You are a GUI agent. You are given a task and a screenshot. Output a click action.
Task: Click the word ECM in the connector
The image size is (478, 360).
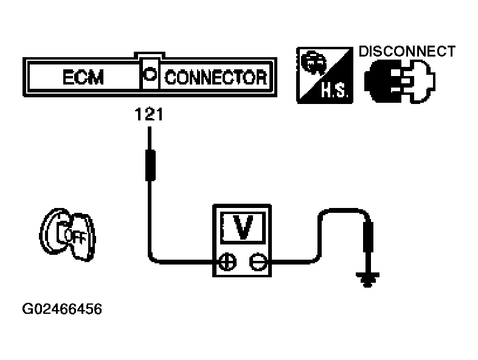pyautogui.click(x=83, y=77)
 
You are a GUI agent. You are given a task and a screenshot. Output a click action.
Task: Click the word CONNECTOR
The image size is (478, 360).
pyautogui.click(x=216, y=77)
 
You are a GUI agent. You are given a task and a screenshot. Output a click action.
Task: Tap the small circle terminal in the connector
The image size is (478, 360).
pyautogui.click(x=150, y=74)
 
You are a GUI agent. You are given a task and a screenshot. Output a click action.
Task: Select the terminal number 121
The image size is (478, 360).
pyautogui.click(x=149, y=114)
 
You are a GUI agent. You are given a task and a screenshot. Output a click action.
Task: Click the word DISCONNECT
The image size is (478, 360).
pyautogui.click(x=407, y=51)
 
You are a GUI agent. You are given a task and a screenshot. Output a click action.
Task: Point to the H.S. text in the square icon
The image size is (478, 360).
pyautogui.click(x=334, y=91)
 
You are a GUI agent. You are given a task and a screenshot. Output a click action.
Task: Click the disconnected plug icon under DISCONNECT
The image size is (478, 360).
pyautogui.click(x=400, y=81)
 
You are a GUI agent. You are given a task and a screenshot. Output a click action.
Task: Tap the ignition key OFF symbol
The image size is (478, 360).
pyautogui.click(x=68, y=235)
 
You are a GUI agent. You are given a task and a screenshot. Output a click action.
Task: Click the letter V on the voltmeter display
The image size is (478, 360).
pyautogui.click(x=243, y=227)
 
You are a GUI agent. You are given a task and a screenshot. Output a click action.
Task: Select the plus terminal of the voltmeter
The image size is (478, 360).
pyautogui.click(x=227, y=261)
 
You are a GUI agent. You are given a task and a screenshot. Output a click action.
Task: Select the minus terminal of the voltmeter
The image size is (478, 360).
pyautogui.click(x=258, y=261)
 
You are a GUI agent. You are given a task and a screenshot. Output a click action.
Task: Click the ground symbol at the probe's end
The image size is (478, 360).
pyautogui.click(x=368, y=280)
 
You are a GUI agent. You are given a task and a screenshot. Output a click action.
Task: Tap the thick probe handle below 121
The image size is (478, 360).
pyautogui.click(x=150, y=165)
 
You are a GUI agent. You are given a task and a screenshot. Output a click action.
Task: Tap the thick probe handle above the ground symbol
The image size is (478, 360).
pyautogui.click(x=369, y=237)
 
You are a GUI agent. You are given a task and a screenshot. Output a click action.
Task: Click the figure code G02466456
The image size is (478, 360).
pyautogui.click(x=62, y=309)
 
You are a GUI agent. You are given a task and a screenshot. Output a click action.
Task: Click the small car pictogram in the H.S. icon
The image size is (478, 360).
pyautogui.click(x=313, y=62)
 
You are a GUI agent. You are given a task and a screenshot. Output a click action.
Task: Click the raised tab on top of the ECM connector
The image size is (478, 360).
pyautogui.click(x=150, y=55)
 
